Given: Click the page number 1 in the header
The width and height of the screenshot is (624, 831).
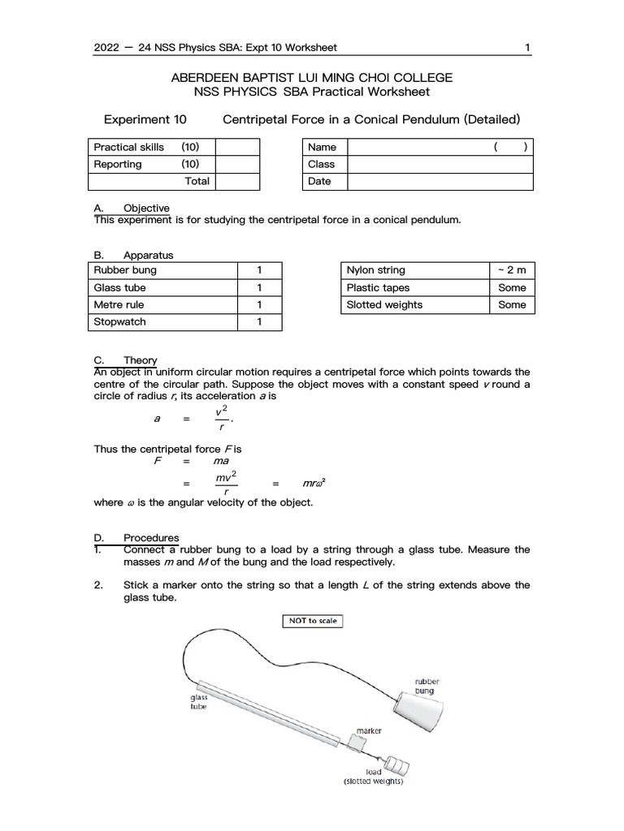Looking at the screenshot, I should point(527,47).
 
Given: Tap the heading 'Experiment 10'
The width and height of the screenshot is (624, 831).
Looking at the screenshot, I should point(145,119).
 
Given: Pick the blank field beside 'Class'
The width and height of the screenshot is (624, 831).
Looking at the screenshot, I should point(440,164).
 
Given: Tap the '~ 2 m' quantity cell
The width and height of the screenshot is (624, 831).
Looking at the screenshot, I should point(512,270).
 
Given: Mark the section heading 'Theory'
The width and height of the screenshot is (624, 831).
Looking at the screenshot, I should point(140,360).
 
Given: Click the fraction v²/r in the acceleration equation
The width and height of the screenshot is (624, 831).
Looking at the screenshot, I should point(220,420).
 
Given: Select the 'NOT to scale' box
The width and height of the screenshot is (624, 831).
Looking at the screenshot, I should point(311,621).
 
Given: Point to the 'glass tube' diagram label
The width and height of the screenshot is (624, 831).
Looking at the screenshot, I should point(199,701).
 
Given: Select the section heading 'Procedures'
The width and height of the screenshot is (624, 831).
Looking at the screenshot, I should point(151,538).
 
